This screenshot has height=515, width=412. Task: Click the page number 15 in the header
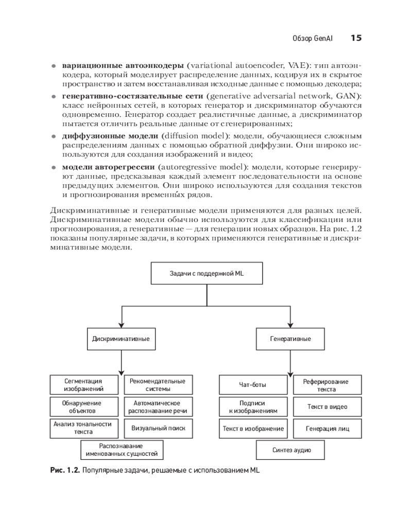(356, 38)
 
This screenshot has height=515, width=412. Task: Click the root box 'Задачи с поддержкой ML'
(207, 273)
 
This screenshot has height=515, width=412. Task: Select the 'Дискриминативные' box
(121, 339)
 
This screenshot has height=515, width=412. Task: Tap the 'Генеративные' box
(290, 339)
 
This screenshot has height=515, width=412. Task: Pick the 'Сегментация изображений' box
(84, 385)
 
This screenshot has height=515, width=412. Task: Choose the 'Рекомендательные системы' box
(158, 385)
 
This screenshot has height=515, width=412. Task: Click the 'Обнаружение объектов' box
(84, 407)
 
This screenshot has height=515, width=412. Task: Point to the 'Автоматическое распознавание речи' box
(158, 407)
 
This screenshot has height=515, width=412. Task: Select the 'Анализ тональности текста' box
(84, 428)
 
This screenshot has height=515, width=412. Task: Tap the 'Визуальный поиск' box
(158, 428)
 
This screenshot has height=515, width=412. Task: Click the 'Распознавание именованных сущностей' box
(121, 450)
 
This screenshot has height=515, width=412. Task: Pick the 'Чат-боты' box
(253, 385)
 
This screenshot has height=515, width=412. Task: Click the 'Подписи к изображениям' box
(253, 407)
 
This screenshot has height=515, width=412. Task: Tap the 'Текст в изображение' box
(253, 428)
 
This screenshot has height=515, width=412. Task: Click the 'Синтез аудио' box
(290, 450)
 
